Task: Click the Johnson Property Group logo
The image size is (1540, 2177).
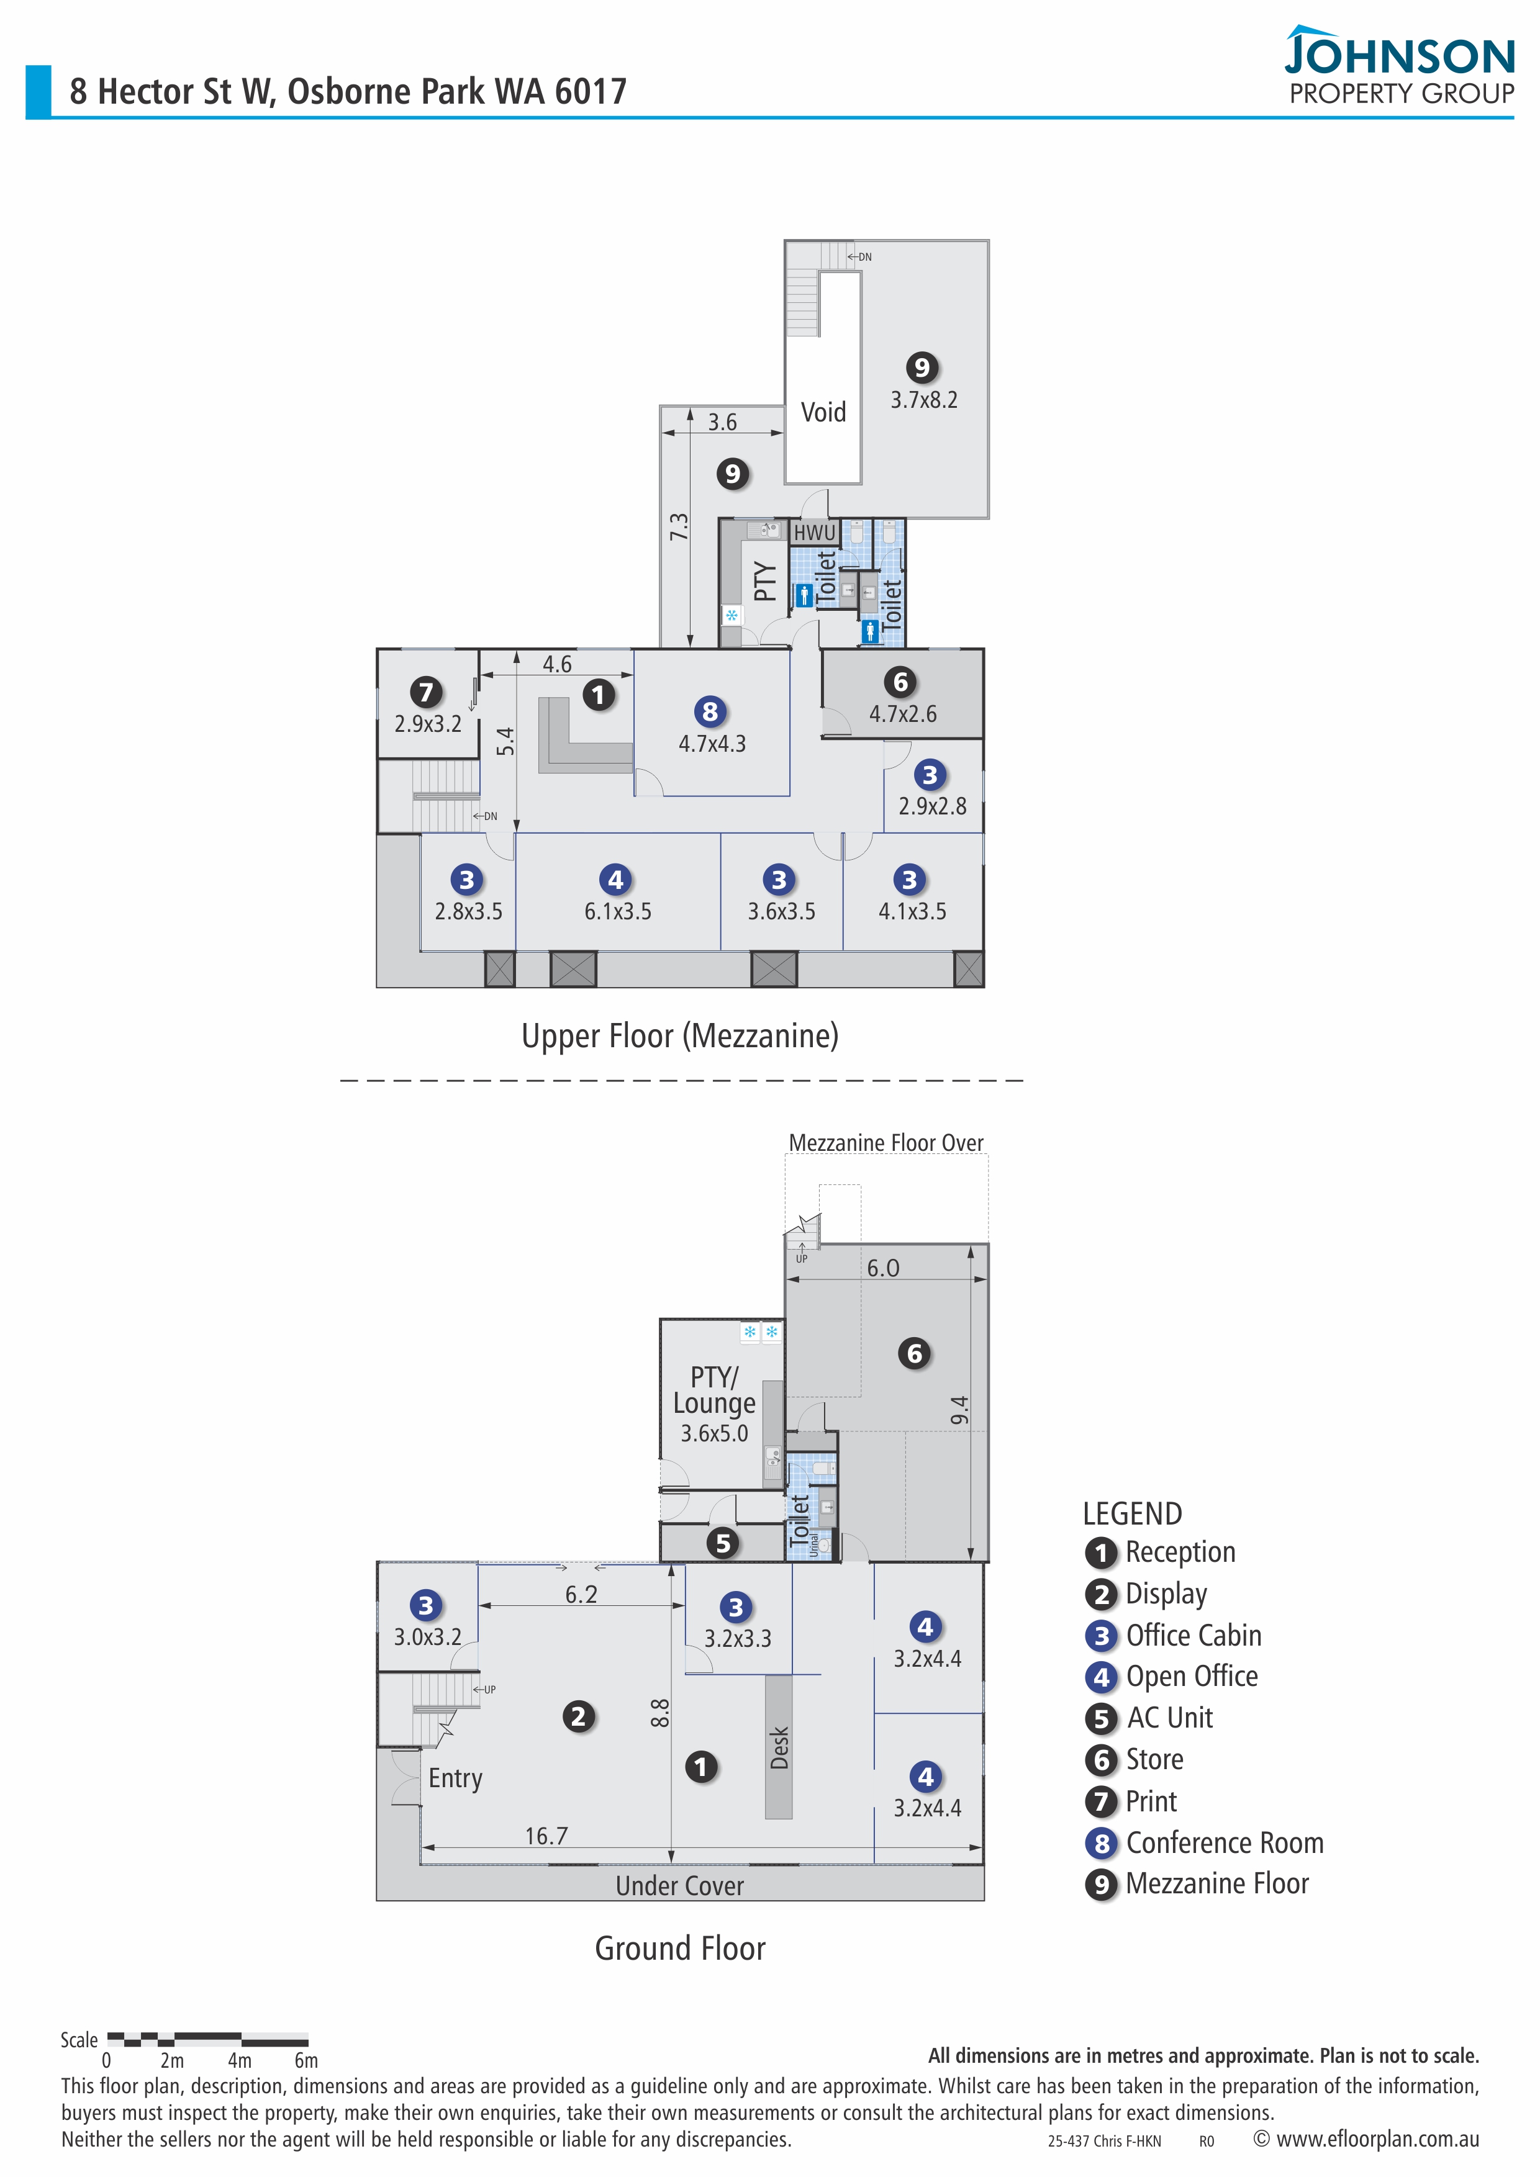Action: pyautogui.click(x=1400, y=66)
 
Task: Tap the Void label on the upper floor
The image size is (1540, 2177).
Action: pyautogui.click(x=823, y=412)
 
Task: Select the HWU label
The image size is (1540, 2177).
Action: pyautogui.click(x=815, y=533)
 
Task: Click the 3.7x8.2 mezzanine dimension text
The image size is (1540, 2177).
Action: pyautogui.click(x=923, y=400)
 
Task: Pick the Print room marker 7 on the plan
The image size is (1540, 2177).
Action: pyautogui.click(x=427, y=692)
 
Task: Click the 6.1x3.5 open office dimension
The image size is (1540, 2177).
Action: pyautogui.click(x=617, y=911)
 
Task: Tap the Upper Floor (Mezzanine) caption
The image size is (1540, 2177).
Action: pyautogui.click(x=680, y=1035)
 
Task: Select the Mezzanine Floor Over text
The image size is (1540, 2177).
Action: pyautogui.click(x=885, y=1143)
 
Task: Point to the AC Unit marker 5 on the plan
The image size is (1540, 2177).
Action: pyautogui.click(x=723, y=1543)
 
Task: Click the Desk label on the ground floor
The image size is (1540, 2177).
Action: pyautogui.click(x=779, y=1747)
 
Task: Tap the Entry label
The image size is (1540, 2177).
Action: pyautogui.click(x=455, y=1778)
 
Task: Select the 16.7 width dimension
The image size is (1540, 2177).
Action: pyautogui.click(x=546, y=1837)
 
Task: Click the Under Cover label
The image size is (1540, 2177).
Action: pyautogui.click(x=680, y=1886)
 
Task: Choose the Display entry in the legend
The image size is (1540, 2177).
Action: pyautogui.click(x=1166, y=1594)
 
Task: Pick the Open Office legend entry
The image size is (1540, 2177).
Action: pyautogui.click(x=1191, y=1677)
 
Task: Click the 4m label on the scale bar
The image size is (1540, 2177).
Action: pyautogui.click(x=240, y=2060)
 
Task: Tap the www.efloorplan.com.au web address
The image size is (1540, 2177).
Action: pyautogui.click(x=1377, y=2139)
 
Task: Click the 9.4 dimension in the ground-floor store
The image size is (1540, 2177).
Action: pyautogui.click(x=959, y=1410)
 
